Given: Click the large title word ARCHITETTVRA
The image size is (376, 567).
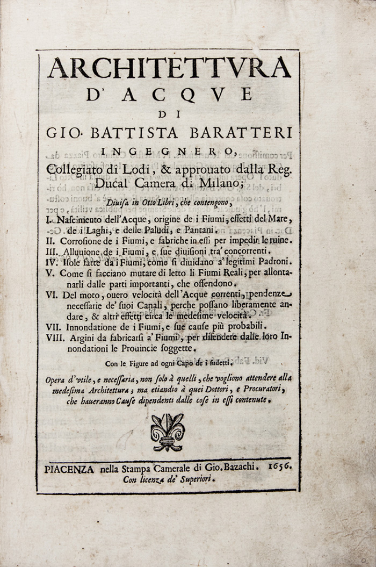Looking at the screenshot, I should pos(169,68).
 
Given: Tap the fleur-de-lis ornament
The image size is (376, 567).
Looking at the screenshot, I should pos(168,432).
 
